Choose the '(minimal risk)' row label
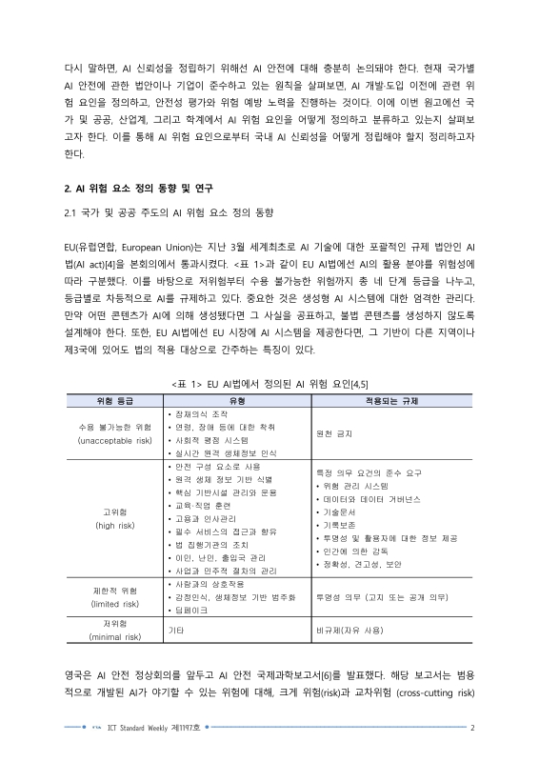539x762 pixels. pyautogui.click(x=114, y=636)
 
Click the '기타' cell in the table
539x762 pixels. pyautogui.click(x=175, y=630)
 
